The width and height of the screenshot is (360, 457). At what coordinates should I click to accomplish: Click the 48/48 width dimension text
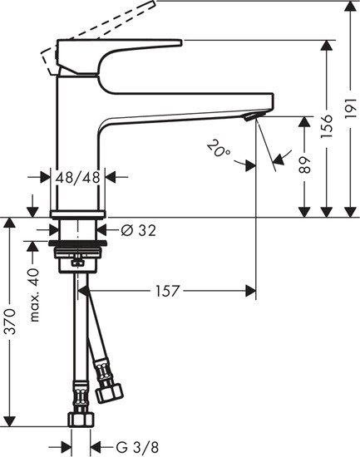(77, 176)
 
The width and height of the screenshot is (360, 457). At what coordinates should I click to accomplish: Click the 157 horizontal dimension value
(166, 291)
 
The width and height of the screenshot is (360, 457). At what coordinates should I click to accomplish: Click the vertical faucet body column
(77, 141)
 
